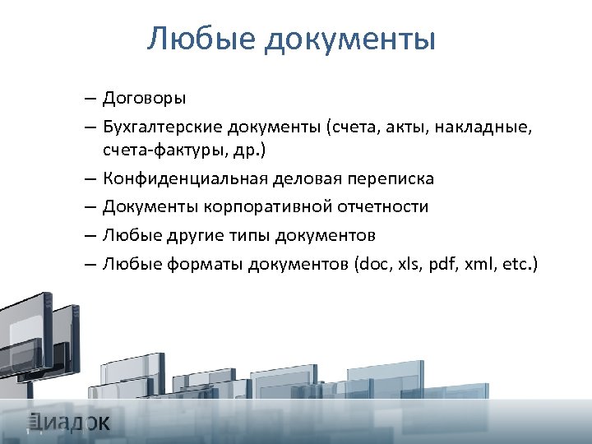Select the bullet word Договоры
[145, 99]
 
